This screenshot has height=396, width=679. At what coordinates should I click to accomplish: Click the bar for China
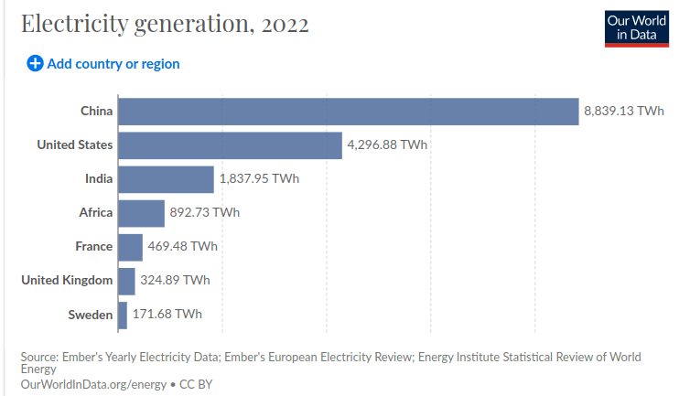pyautogui.click(x=348, y=111)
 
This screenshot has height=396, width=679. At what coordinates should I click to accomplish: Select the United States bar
pyautogui.click(x=230, y=144)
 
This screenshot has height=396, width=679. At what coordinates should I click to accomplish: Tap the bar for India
pyautogui.click(x=166, y=178)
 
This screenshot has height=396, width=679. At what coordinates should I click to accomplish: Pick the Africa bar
pyautogui.click(x=141, y=212)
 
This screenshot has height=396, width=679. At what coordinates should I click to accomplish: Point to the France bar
pyautogui.click(x=130, y=246)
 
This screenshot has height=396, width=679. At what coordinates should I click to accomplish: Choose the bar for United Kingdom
pyautogui.click(x=126, y=280)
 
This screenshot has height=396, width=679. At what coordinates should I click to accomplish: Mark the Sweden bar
pyautogui.click(x=123, y=315)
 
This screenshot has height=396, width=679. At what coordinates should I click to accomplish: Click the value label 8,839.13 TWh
pyautogui.click(x=623, y=111)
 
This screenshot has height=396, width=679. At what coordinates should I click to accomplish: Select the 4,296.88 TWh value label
pyautogui.click(x=387, y=144)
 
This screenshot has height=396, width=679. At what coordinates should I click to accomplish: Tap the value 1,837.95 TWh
pyautogui.click(x=259, y=178)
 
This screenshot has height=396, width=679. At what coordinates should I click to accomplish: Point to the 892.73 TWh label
pyautogui.click(x=204, y=212)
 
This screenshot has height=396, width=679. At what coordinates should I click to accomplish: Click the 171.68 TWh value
pyautogui.click(x=167, y=315)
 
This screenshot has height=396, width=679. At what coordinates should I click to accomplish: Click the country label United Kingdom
pyautogui.click(x=67, y=280)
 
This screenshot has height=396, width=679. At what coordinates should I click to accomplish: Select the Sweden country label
pyautogui.click(x=91, y=315)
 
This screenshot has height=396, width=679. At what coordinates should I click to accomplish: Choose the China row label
pyautogui.click(x=96, y=111)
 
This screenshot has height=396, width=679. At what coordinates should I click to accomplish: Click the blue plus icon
pyautogui.click(x=35, y=64)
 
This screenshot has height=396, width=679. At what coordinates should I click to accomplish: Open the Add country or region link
pyautogui.click(x=113, y=64)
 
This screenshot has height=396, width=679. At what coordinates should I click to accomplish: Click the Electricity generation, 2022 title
pyautogui.click(x=165, y=24)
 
